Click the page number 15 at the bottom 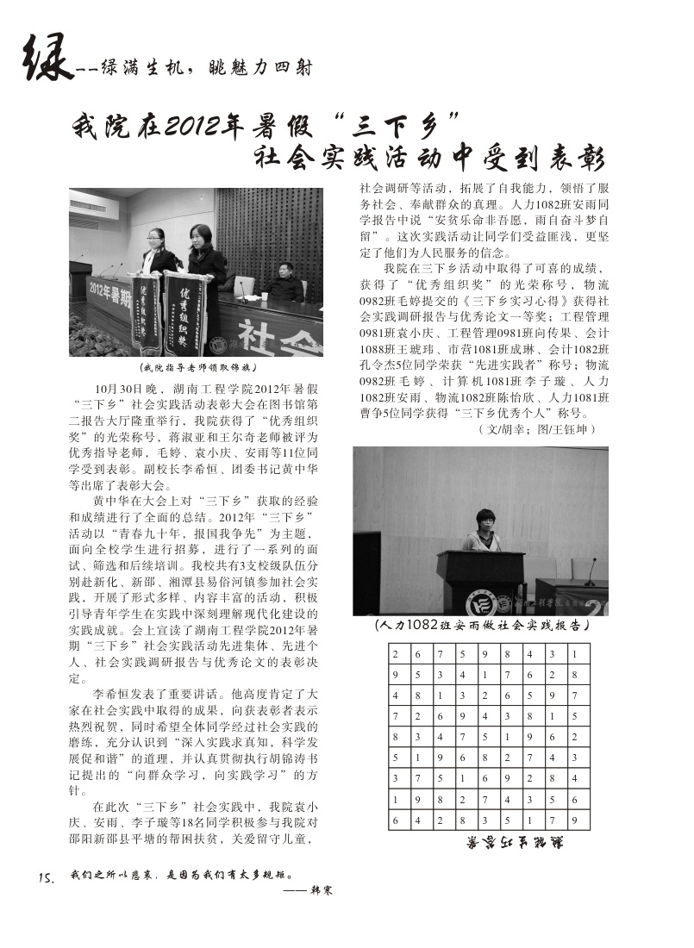[x=47, y=878]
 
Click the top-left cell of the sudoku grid [x=398, y=653]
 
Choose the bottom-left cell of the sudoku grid [x=398, y=820]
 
